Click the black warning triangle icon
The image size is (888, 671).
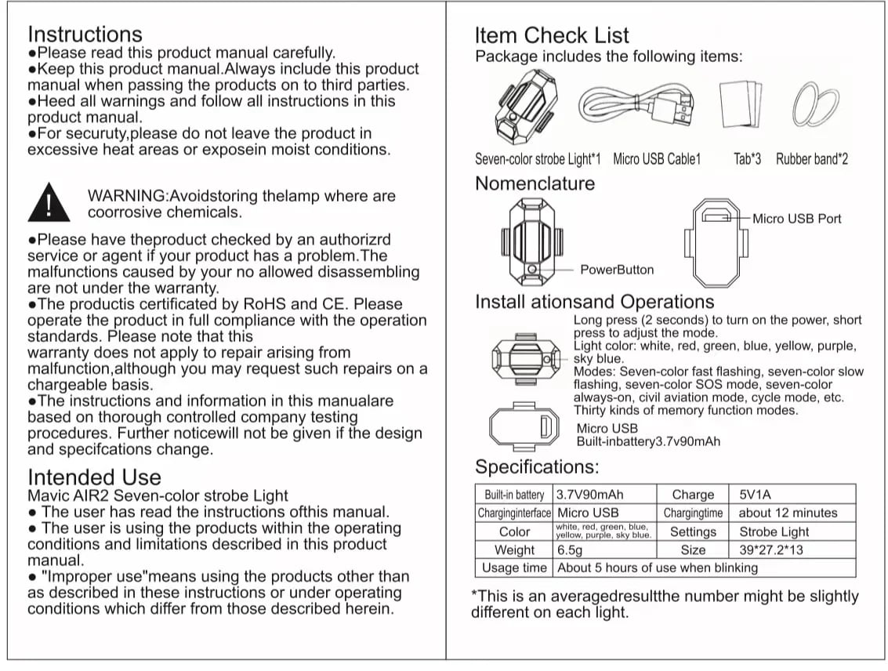tap(49, 203)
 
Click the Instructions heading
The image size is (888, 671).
tap(85, 34)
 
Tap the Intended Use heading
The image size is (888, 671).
tap(94, 477)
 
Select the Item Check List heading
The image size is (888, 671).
tap(552, 35)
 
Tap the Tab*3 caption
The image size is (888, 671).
tap(747, 159)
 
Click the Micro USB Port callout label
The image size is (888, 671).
tap(796, 219)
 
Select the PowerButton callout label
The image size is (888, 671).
tap(617, 270)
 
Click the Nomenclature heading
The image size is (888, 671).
tap(535, 183)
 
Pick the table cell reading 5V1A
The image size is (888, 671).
tap(756, 495)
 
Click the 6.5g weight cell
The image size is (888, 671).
tap(571, 550)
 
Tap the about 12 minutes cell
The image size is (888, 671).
tap(788, 513)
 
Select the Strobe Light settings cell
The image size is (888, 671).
tap(774, 531)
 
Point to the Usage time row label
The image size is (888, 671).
tap(514, 568)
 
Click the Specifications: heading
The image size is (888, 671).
tap(537, 467)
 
